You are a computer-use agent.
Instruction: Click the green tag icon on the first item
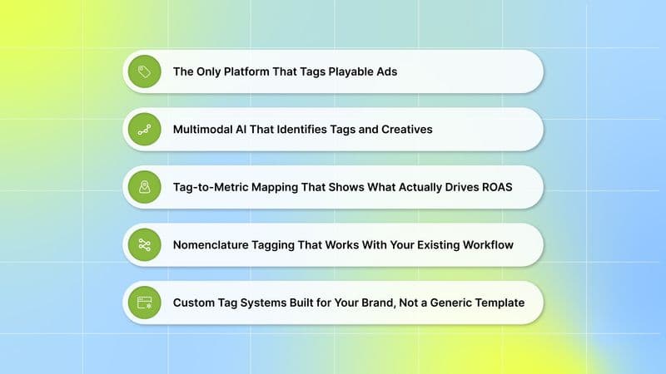tap(144, 71)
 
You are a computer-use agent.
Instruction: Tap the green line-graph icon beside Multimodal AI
tap(144, 130)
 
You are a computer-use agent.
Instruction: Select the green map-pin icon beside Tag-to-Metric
tap(144, 187)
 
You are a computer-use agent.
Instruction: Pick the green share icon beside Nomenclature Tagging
tap(144, 245)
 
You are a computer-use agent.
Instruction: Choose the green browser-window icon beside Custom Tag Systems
tap(144, 303)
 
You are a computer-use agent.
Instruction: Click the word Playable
tap(345, 71)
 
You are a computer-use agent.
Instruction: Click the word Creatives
tap(402, 130)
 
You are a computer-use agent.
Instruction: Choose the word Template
tap(496, 303)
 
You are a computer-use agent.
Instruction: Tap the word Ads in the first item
tap(385, 71)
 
